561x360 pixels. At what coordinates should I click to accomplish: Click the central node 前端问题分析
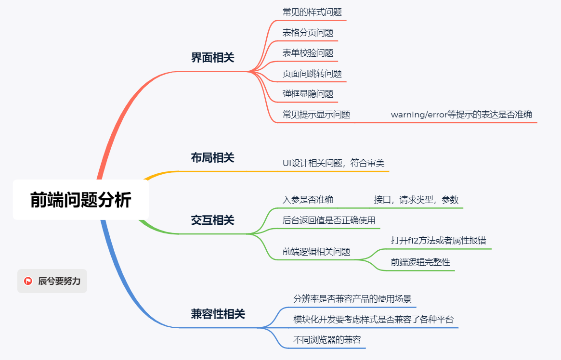[80, 200]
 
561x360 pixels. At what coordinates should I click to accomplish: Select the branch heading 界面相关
[212, 58]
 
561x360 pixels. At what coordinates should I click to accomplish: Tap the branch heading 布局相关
[212, 157]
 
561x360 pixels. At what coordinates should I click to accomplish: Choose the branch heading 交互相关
[212, 220]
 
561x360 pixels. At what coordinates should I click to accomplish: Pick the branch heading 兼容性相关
[218, 314]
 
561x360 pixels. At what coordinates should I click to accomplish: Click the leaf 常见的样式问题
[312, 12]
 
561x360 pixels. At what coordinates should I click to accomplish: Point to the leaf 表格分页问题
[308, 33]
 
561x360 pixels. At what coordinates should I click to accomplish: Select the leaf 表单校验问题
[308, 53]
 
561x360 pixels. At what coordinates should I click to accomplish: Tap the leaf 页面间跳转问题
[312, 74]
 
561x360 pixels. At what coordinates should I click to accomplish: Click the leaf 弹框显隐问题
[308, 94]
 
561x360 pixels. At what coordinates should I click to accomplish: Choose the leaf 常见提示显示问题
[316, 115]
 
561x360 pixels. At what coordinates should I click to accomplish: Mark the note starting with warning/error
[461, 115]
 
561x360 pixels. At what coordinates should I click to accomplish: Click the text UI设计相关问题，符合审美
[333, 163]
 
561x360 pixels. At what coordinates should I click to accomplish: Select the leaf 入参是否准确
[308, 200]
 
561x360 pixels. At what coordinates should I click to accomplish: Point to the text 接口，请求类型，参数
[416, 200]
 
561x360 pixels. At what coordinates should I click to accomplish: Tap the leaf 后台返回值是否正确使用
[328, 220]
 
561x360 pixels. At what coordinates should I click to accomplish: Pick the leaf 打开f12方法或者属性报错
[441, 240]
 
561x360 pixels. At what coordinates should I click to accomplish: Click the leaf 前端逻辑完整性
[420, 262]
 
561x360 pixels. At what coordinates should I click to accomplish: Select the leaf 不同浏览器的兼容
[327, 340]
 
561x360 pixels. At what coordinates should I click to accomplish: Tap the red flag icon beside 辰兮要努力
[28, 281]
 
